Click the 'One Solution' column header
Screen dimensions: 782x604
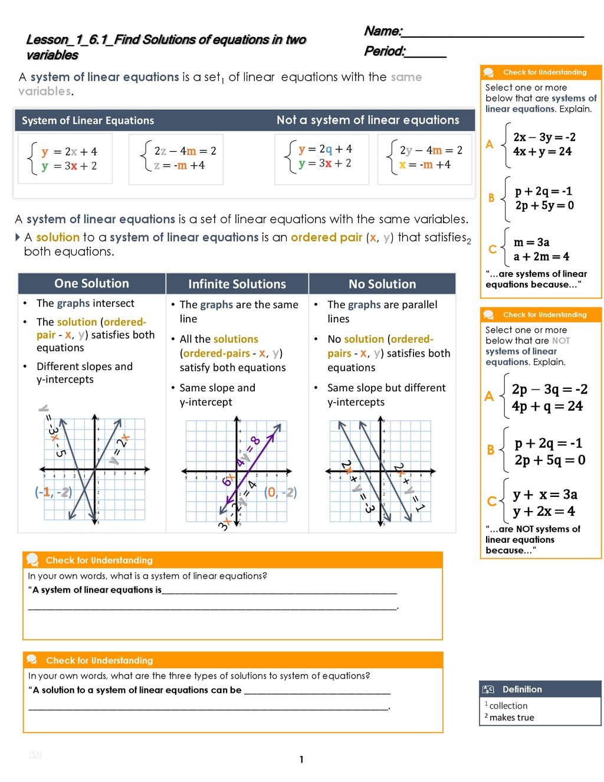click(x=91, y=283)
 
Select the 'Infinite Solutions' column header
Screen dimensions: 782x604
click(x=237, y=284)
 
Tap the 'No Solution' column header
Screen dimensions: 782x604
click(x=382, y=284)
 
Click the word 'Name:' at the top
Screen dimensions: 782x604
click(x=383, y=31)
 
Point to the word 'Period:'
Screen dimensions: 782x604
click(x=385, y=51)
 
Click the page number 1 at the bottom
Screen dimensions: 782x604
click(x=301, y=760)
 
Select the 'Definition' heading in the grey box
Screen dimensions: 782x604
click(x=522, y=689)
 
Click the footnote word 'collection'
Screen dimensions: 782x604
click(x=508, y=706)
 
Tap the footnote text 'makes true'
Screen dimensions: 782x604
click(x=511, y=718)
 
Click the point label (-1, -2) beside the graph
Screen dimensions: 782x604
click(x=53, y=492)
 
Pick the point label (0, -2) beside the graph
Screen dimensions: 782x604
click(x=280, y=492)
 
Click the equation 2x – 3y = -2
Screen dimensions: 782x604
click(x=544, y=137)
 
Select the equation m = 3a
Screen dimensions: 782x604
click(x=531, y=242)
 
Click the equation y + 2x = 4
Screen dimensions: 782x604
click(x=544, y=511)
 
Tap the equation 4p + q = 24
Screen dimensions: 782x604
click(x=547, y=406)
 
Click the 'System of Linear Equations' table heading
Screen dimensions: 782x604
click(x=88, y=120)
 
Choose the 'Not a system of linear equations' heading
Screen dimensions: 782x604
click(x=367, y=120)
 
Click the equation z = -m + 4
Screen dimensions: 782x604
click(x=179, y=165)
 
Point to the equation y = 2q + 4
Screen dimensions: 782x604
click(x=325, y=149)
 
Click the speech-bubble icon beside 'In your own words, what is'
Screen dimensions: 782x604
click(x=33, y=559)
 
